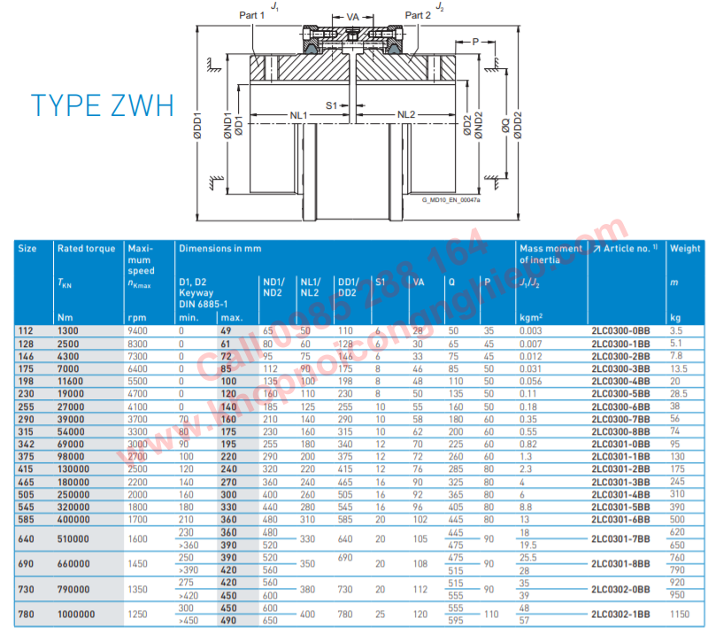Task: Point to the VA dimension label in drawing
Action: pos(351,16)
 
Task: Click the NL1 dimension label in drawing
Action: pos(297,115)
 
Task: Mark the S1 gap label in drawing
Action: pos(332,105)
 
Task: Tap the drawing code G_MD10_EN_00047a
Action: pos(451,200)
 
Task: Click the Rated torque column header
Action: pos(86,249)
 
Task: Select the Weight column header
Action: pos(685,249)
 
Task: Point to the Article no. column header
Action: pos(627,249)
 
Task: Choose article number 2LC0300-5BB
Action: pos(620,392)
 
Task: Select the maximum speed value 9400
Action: pos(138,330)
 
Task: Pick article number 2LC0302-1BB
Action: pos(620,614)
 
